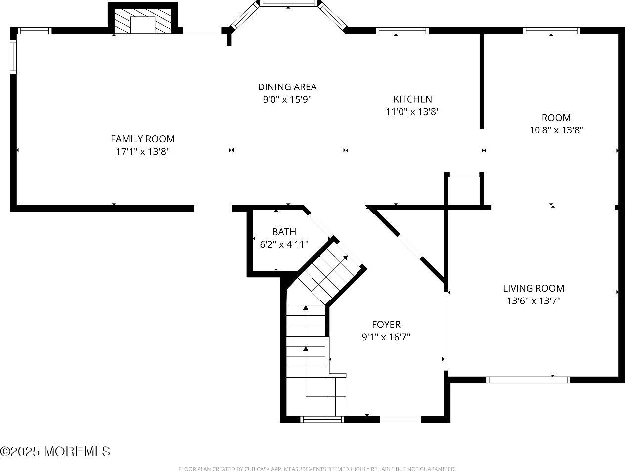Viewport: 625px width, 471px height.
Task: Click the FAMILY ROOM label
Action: tap(142, 139)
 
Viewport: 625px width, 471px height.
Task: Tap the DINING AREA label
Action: tap(287, 87)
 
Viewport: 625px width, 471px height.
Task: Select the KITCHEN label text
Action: tap(412, 99)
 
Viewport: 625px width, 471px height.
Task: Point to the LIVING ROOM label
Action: tap(534, 288)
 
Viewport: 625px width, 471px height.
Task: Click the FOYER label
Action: tap(386, 325)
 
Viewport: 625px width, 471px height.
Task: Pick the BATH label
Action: tap(284, 232)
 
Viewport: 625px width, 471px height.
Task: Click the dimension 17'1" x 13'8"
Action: tap(142, 152)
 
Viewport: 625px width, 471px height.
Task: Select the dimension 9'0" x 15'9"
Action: tap(287, 99)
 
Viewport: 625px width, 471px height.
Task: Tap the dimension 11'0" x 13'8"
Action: tap(412, 112)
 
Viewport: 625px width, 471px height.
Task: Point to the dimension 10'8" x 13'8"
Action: tap(556, 130)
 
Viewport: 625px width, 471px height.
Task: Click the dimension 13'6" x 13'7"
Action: tap(534, 300)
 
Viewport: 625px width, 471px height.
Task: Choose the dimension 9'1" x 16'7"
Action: tap(386, 337)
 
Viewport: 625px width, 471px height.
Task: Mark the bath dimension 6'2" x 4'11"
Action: tap(284, 244)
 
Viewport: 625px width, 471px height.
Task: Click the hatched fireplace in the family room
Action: tap(143, 21)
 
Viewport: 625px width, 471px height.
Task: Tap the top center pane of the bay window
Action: tap(289, 3)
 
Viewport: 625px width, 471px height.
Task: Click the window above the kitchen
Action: tap(402, 31)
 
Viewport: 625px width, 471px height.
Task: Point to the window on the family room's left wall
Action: tap(14, 56)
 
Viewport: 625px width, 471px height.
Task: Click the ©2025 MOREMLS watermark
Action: tap(55, 451)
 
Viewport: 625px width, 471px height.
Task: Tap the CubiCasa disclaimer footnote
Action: tap(317, 469)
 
